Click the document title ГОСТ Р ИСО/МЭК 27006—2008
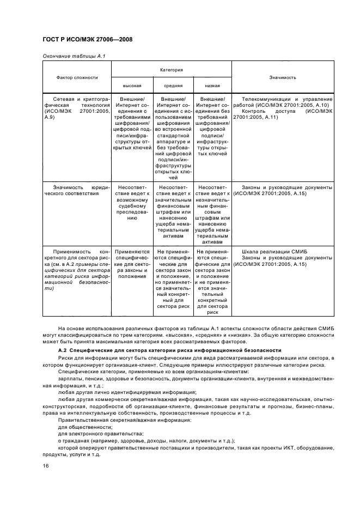88,40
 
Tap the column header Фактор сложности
77,77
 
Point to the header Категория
172,70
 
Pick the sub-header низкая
212,86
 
